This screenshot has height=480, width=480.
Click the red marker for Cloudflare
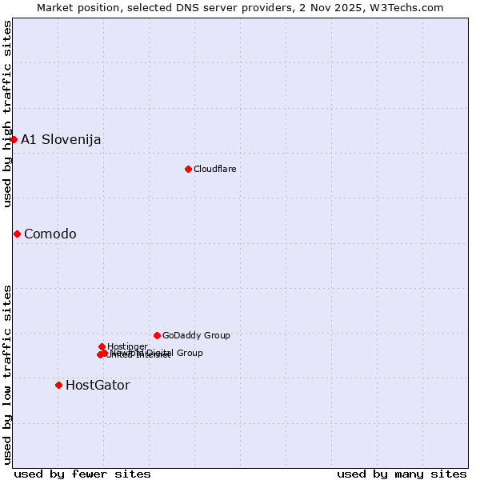(188, 169)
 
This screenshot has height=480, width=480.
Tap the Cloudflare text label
(215, 169)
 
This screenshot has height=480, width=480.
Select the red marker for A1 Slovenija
(14, 139)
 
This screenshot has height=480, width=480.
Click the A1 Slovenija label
(61, 140)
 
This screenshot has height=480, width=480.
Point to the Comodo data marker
(17, 234)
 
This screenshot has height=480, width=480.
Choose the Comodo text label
(50, 234)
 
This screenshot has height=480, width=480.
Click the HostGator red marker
(58, 385)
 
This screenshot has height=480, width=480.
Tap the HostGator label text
(98, 386)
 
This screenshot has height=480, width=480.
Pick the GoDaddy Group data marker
(157, 335)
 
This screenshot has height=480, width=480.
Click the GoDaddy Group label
(196, 335)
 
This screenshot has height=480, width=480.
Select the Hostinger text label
(127, 346)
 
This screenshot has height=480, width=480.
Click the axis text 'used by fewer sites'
(82, 474)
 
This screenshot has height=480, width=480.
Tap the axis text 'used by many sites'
(402, 474)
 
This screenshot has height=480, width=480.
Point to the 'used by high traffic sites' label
(7, 114)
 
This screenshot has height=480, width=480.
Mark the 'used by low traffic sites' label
(7, 374)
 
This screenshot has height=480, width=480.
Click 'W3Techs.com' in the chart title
(411, 7)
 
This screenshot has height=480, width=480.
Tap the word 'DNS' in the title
(182, 7)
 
